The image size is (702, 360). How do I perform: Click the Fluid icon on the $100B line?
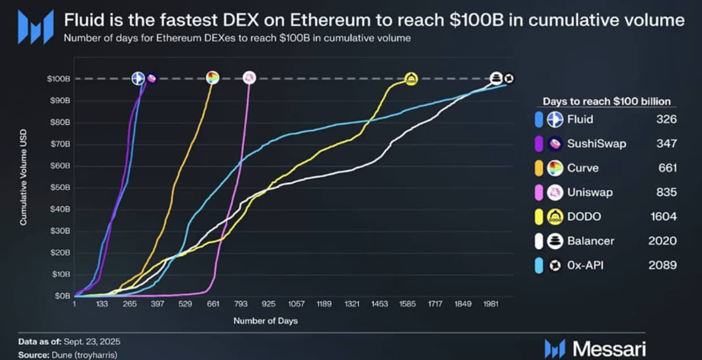(138, 79)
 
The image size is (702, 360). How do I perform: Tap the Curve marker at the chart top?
(212, 78)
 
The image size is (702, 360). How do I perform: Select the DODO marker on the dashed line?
(411, 79)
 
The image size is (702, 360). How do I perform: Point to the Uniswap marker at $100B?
(249, 78)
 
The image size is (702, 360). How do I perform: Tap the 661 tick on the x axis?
(213, 304)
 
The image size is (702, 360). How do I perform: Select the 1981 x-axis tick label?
(490, 304)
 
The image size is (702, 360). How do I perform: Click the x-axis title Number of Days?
(265, 321)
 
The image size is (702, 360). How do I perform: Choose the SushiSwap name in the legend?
(597, 144)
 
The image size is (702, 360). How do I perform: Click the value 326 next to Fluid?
(667, 119)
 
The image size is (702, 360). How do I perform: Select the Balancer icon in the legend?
(555, 241)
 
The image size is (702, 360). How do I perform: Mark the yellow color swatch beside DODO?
(539, 217)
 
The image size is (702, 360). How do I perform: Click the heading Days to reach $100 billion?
(607, 101)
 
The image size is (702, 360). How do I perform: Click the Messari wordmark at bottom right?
(609, 348)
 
